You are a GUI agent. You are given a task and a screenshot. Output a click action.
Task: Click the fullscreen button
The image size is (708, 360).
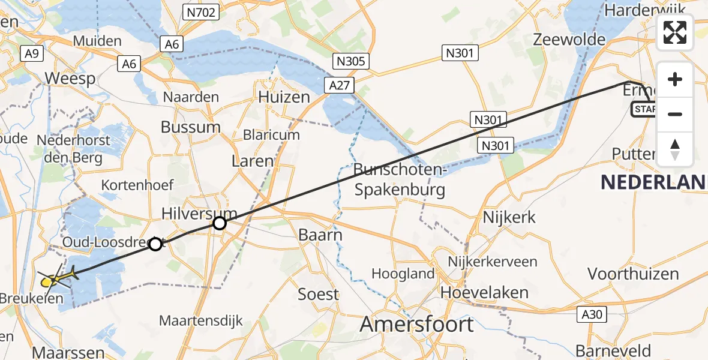click(675, 32)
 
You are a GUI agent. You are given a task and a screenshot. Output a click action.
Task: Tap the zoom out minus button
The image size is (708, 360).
click(675, 114)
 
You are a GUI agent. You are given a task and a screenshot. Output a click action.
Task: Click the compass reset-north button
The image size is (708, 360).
click(675, 149)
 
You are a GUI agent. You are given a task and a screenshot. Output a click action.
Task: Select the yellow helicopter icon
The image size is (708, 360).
click(56, 278)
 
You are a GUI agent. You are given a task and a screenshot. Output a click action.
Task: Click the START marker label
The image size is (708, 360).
click(644, 109)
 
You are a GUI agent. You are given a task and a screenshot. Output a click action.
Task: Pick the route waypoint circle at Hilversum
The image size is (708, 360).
click(220, 224)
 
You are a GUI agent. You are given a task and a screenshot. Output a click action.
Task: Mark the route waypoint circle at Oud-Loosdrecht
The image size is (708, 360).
click(155, 244)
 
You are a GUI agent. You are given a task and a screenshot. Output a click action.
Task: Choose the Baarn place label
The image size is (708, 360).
click(320, 235)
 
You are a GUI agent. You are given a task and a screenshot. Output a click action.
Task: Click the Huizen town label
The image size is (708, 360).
click(284, 97)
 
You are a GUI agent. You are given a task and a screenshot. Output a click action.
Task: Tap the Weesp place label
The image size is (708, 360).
click(70, 79)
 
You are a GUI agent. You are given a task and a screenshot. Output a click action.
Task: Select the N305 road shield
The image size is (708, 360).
click(351, 61)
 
